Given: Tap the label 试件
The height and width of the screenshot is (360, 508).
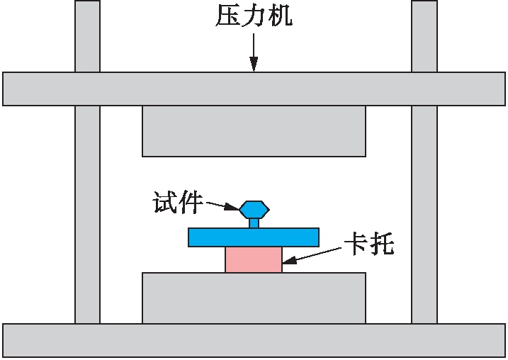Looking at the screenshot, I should (177, 204).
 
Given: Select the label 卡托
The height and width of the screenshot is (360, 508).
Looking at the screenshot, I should (368, 244).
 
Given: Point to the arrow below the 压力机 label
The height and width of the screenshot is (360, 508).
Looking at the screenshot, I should (254, 52).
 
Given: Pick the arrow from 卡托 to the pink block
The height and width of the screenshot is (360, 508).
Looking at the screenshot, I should (312, 256).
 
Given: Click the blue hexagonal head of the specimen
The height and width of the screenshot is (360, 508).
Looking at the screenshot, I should (254, 209).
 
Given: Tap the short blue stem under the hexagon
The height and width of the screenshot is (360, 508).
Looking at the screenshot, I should (254, 223).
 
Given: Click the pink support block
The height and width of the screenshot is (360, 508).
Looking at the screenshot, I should (254, 259).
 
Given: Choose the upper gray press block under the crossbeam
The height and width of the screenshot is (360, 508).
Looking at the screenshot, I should (254, 130).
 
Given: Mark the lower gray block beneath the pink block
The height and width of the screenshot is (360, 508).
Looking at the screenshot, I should (254, 298).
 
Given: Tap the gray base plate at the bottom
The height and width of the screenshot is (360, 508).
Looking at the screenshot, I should (254, 340).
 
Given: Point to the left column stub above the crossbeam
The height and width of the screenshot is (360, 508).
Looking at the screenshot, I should (87, 35).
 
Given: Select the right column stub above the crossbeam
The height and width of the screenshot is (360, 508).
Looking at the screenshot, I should (424, 35).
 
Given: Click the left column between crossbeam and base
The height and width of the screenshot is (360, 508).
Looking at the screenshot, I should (87, 213).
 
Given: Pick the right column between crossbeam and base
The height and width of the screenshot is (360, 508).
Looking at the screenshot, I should (424, 213).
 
